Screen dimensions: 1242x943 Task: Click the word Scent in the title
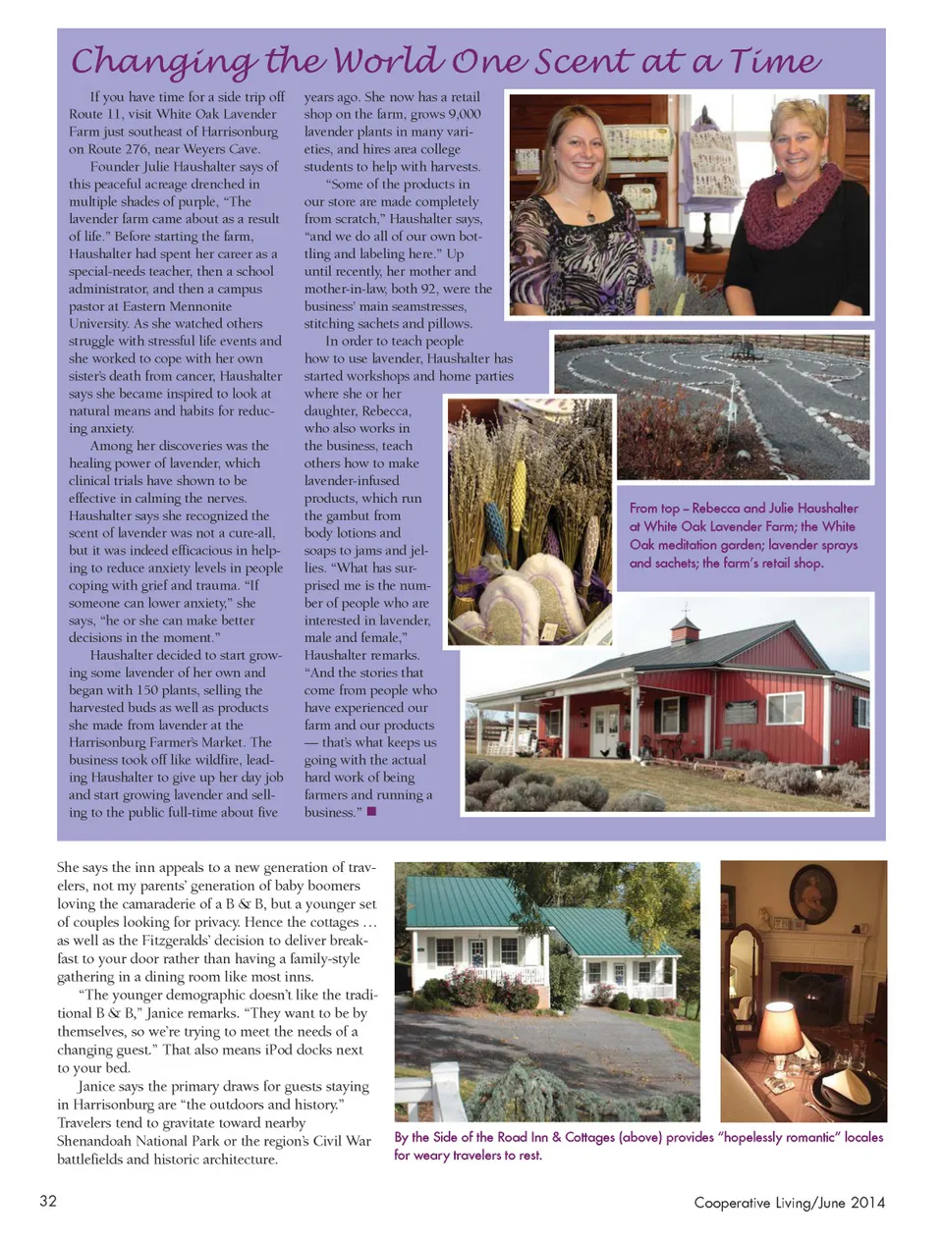(x=582, y=62)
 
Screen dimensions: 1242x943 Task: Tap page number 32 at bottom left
(x=47, y=1201)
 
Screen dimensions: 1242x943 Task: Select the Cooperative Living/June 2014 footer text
(x=789, y=1203)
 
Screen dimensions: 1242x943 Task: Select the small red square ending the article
(x=371, y=812)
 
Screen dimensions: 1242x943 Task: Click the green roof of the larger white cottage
(x=462, y=902)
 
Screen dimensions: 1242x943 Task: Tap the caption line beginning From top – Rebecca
(x=744, y=509)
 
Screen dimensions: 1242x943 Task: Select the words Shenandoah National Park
(x=143, y=1141)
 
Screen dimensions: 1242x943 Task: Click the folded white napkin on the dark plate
(x=843, y=1083)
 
